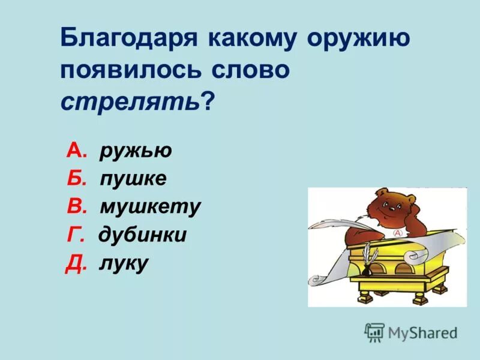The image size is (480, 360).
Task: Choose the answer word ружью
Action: (136, 151)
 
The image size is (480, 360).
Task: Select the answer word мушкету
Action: (150, 207)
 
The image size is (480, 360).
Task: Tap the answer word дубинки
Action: (143, 235)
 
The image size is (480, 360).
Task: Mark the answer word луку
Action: (124, 263)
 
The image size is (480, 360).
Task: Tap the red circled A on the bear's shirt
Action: (397, 232)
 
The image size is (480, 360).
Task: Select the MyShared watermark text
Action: (423, 332)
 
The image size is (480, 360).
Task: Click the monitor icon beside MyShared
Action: (375, 332)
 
